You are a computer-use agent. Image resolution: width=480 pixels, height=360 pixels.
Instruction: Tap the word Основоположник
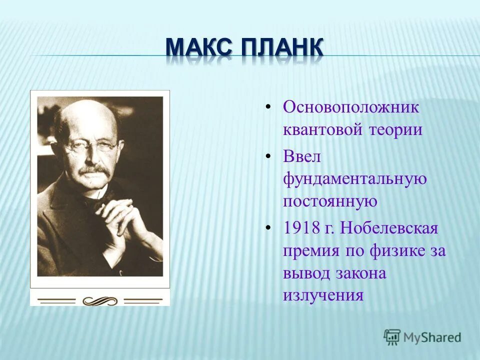351,107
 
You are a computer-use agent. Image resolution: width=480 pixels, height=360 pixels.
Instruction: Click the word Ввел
301,156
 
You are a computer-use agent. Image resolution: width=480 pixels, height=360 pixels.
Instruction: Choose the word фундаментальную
355,179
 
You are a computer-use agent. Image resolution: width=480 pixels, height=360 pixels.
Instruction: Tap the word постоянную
329,201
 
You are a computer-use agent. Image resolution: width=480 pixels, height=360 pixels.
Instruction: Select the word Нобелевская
390,228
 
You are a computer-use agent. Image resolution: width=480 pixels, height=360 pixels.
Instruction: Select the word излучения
323,295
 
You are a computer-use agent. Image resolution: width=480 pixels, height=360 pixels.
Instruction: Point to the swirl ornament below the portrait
99,301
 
